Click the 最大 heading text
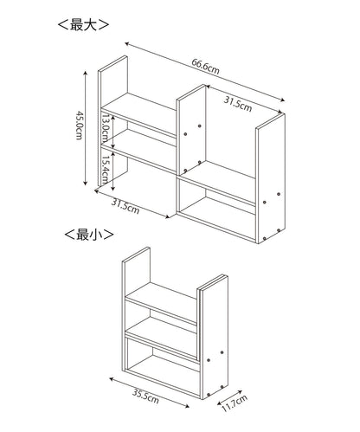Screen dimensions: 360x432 click(x=83, y=25)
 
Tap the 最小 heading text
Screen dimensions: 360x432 click(x=89, y=235)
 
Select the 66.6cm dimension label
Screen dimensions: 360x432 click(x=205, y=67)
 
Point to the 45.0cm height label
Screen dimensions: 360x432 click(x=79, y=125)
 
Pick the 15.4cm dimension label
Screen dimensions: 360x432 click(x=106, y=170)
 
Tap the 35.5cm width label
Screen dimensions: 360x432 click(x=145, y=397)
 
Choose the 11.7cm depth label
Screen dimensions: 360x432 click(x=235, y=403)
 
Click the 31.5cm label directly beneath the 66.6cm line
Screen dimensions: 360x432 click(x=238, y=104)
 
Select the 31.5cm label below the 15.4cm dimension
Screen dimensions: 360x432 click(x=125, y=207)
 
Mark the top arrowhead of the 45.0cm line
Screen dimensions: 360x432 click(x=85, y=73)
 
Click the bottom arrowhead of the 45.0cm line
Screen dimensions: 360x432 click(x=85, y=184)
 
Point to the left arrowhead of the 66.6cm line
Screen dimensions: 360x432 click(x=127, y=43)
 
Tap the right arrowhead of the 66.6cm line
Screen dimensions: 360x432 click(x=283, y=100)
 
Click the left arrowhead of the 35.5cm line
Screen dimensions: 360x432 click(x=112, y=379)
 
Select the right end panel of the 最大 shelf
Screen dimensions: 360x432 click(x=271, y=179)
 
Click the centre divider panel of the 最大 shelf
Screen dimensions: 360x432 click(x=191, y=131)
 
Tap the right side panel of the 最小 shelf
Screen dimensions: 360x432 click(x=214, y=338)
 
